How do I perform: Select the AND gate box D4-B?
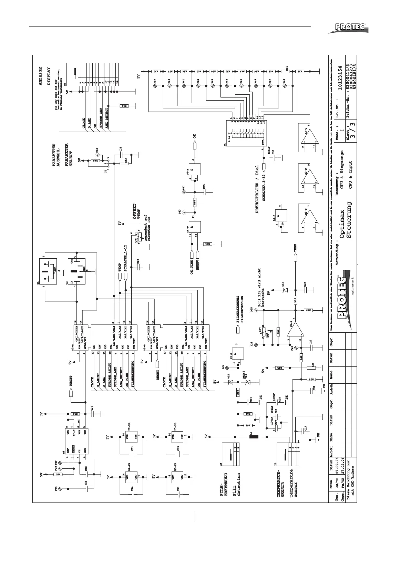(192, 170)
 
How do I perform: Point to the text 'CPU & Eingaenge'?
(342, 168)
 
